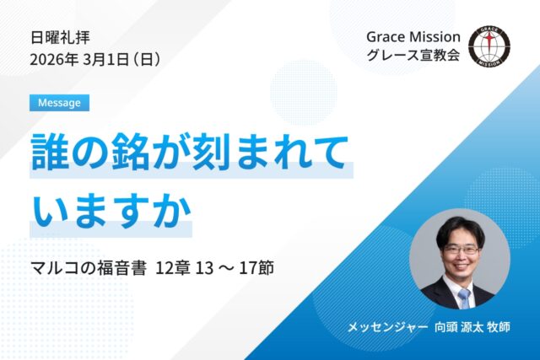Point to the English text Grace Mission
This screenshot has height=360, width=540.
tap(413, 37)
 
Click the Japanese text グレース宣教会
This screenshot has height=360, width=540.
tap(413, 59)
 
